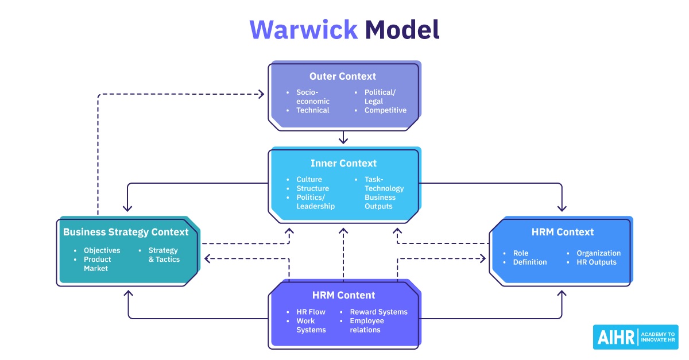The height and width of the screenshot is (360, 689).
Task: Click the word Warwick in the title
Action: [303, 30]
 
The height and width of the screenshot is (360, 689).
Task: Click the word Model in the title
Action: [402, 30]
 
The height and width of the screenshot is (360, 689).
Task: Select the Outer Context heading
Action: [343, 76]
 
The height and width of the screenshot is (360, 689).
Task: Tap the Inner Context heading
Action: [343, 164]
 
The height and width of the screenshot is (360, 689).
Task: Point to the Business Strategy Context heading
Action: [126, 233]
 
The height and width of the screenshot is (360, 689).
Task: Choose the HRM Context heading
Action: [563, 233]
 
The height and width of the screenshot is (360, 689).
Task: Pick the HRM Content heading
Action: [343, 296]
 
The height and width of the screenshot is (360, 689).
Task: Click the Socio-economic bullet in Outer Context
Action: [312, 96]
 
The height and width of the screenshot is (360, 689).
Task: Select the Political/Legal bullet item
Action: [380, 96]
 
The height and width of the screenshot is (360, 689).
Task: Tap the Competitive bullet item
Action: [385, 110]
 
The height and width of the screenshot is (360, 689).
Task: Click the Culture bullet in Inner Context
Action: [309, 180]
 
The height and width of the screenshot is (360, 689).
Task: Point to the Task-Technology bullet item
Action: [384, 184]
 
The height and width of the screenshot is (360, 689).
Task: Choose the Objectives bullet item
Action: [102, 250]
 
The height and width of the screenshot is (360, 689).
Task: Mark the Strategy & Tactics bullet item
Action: [164, 255]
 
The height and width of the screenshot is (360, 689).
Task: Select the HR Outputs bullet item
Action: [597, 262]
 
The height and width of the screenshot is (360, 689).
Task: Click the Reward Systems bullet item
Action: [378, 312]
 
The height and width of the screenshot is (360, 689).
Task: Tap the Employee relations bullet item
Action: [367, 325]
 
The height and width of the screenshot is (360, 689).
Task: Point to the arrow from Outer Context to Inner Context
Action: [343, 138]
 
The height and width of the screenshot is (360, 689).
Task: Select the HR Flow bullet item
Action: [311, 312]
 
